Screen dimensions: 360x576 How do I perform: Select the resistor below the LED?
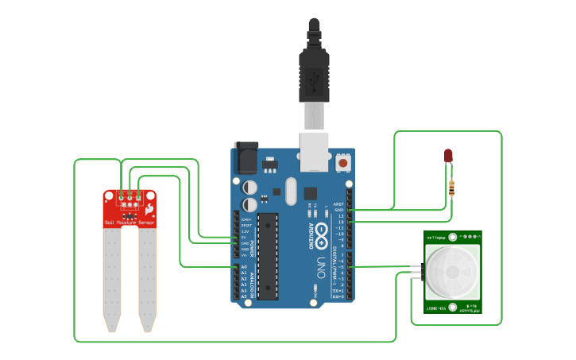pos(452,188)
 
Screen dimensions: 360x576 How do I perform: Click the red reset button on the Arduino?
pos(343,162)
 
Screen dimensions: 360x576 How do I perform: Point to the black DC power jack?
pos(245,157)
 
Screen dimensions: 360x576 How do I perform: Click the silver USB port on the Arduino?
pos(315,152)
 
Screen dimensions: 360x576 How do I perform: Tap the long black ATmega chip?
pos(269,255)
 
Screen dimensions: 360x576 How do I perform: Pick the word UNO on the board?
pos(323,261)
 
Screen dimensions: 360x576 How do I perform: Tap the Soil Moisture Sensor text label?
pos(130,223)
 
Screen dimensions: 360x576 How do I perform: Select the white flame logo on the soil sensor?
pos(149,207)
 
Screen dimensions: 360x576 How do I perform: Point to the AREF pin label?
pos(339,203)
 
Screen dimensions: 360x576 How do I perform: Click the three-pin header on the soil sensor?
pos(130,195)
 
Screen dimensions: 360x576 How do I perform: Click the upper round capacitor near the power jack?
pos(250,188)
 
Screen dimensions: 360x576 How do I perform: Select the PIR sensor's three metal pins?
pos(416,272)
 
